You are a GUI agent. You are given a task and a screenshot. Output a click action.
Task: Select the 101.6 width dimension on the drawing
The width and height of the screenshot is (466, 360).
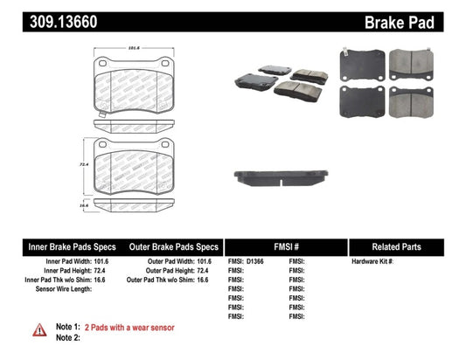(x=134, y=49)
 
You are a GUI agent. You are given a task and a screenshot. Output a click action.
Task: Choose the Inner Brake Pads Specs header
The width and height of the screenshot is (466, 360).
(x=64, y=246)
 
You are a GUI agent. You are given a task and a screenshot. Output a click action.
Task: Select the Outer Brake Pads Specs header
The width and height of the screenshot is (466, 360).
(x=173, y=246)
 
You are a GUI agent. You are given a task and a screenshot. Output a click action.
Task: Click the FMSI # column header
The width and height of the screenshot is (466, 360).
(x=285, y=246)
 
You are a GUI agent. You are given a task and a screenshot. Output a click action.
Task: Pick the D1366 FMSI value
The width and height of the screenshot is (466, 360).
(x=255, y=261)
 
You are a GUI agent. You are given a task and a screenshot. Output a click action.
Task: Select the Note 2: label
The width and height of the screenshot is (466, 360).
(x=69, y=336)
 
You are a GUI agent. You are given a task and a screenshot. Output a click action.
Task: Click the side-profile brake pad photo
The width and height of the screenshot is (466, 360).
(x=279, y=178)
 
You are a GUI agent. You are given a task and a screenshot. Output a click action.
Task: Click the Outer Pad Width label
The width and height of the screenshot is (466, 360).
(x=170, y=261)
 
